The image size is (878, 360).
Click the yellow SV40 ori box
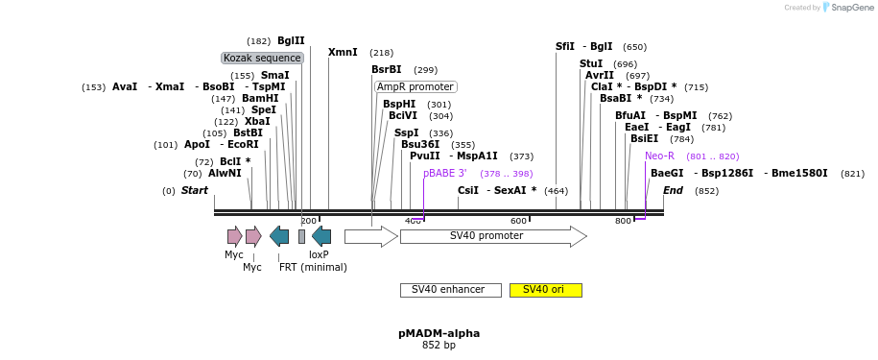point(545,290)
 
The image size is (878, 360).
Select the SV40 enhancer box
point(450,290)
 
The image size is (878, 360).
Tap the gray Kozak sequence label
point(262,58)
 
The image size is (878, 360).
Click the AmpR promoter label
point(415,86)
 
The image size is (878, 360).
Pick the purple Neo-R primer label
point(659,156)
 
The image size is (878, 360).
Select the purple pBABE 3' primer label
point(445,173)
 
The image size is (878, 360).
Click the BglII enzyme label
point(291,40)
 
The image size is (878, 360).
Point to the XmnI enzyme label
point(343,52)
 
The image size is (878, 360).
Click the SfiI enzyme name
point(565,46)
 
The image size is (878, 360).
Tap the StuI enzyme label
point(591,63)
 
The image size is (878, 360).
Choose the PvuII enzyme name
point(425,156)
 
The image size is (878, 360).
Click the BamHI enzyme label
point(260,98)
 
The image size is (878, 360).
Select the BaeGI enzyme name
point(667,173)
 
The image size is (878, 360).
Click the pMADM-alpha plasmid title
point(439,333)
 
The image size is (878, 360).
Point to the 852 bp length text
point(439,345)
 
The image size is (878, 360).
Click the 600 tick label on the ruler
point(518,222)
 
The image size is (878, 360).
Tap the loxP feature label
point(319,254)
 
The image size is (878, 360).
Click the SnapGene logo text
point(852,8)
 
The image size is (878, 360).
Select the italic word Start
point(194,190)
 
